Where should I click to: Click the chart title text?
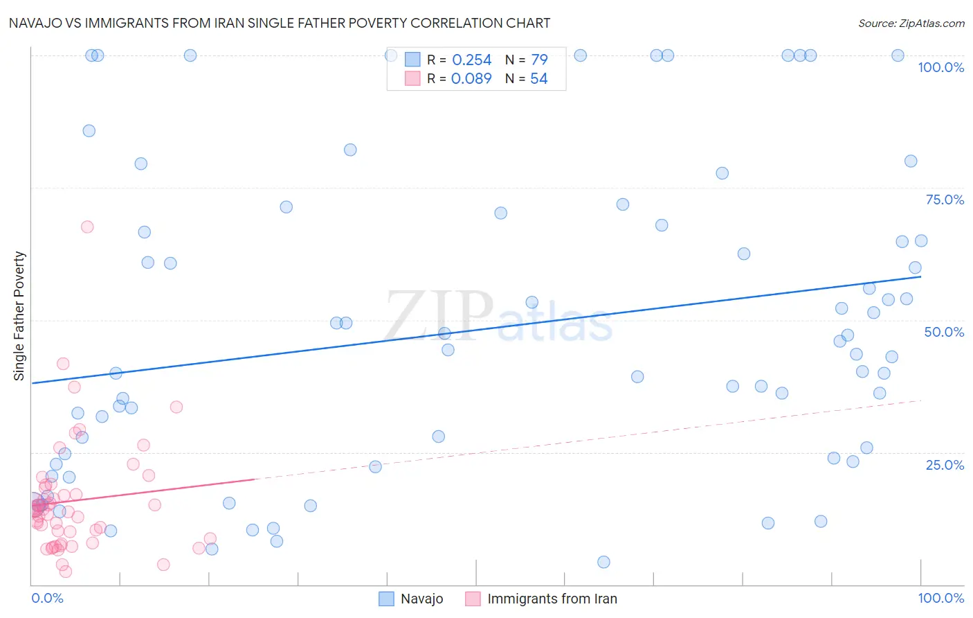coord(280,23)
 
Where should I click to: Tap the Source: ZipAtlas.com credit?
coord(911,23)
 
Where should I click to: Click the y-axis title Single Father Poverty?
coord(19,316)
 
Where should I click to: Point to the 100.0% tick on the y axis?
coord(940,67)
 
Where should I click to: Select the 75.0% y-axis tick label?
coord(945,200)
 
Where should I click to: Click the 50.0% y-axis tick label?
coord(944,332)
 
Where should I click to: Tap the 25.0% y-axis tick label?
coord(945,465)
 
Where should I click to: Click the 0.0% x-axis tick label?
coord(47,598)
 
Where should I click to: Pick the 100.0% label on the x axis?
coord(940,598)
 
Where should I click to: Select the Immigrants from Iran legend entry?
coord(542,599)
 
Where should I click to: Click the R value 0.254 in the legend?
coord(471,60)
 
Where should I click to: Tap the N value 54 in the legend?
coord(538,79)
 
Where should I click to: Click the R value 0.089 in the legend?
coord(471,79)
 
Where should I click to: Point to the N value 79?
coord(539,60)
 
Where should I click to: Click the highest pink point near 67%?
coord(87,227)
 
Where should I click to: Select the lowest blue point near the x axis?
coord(603,562)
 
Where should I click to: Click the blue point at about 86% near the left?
coord(89,131)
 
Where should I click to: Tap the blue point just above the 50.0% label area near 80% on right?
coord(911,161)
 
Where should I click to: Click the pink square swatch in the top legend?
coord(412,78)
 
